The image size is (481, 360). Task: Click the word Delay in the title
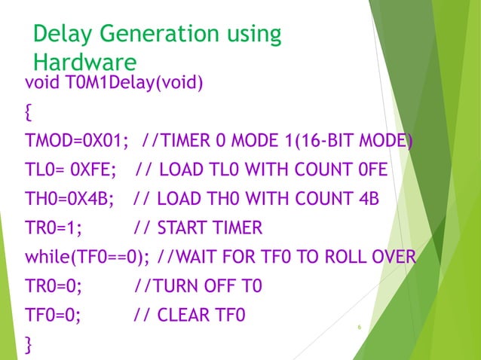(x=63, y=35)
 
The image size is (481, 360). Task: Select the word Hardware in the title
(x=84, y=62)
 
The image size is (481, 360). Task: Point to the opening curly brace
(x=29, y=113)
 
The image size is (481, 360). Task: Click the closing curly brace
(x=29, y=344)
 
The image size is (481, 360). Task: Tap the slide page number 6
(x=360, y=327)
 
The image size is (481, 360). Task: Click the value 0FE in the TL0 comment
(x=372, y=171)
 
